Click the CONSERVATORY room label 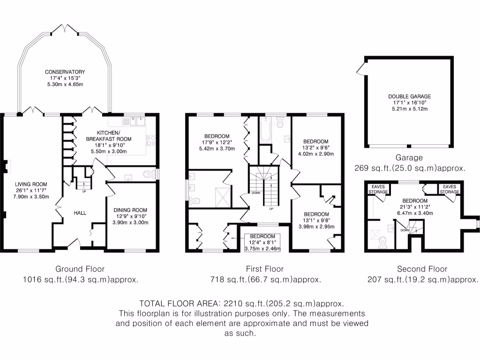pyautogui.click(x=65, y=72)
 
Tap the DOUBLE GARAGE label pyautogui.click(x=410, y=97)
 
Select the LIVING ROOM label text pyautogui.click(x=31, y=184)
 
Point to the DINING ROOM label pyautogui.click(x=130, y=210)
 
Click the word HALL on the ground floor pyautogui.click(x=80, y=213)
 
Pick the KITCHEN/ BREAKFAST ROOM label pyautogui.click(x=109, y=136)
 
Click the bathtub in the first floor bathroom pyautogui.click(x=265, y=130)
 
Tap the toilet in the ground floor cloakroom pyautogui.click(x=149, y=174)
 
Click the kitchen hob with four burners pyautogui.click(x=150, y=141)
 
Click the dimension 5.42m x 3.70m pyautogui.click(x=217, y=149)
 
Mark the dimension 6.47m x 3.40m pyautogui.click(x=415, y=213)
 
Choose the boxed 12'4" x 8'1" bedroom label pyautogui.click(x=262, y=242)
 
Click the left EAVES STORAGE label pyautogui.click(x=378, y=189)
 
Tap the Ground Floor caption pyautogui.click(x=80, y=269)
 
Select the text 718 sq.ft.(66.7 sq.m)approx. pyautogui.click(x=266, y=279)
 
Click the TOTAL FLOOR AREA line pyautogui.click(x=242, y=304)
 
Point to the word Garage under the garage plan pyautogui.click(x=409, y=157)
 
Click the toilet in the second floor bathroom pyautogui.click(x=382, y=242)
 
